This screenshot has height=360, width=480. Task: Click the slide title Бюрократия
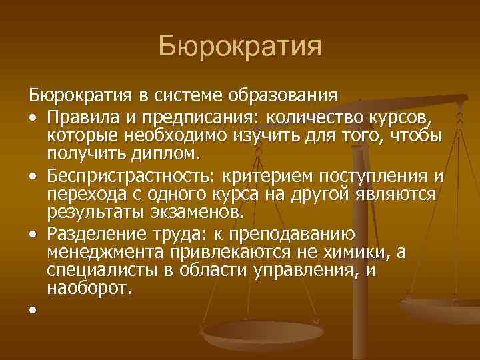[240, 47]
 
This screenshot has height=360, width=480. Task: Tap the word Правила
[77, 117]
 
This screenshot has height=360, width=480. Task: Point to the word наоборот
[90, 289]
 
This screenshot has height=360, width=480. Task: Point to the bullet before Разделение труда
[32, 234]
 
